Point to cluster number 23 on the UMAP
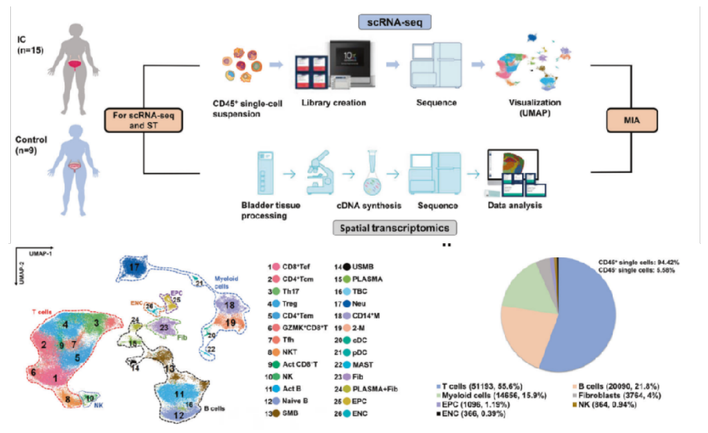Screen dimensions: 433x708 pyautogui.click(x=165, y=327)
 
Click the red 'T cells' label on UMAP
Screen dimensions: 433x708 pyautogui.click(x=44, y=311)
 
